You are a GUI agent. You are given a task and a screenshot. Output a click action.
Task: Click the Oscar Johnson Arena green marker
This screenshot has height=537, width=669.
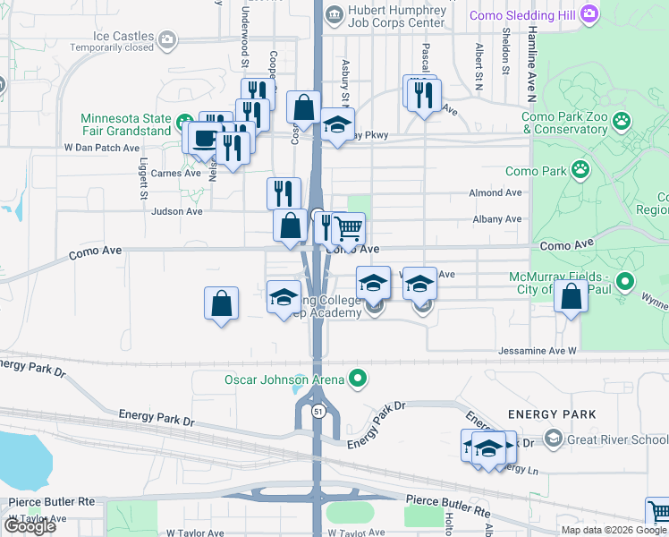point(358,379)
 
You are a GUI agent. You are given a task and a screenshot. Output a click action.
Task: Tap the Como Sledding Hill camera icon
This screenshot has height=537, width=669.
point(589,13)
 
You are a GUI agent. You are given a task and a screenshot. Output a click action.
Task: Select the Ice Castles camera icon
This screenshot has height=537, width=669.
point(167,38)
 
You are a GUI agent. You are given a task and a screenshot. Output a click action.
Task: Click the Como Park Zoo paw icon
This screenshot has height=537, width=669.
point(621,121)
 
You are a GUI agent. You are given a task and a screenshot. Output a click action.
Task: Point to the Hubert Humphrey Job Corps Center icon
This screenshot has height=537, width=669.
point(334,13)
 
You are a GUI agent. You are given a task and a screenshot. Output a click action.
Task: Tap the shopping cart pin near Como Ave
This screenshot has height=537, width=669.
point(349,228)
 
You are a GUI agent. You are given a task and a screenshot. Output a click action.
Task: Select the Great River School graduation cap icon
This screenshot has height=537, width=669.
point(554,439)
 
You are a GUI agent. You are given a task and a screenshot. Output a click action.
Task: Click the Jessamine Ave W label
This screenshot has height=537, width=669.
point(538,351)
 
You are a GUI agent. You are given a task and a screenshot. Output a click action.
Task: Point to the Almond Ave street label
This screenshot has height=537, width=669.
point(495,192)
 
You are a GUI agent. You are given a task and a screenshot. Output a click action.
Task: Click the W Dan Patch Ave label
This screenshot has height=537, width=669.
point(102,148)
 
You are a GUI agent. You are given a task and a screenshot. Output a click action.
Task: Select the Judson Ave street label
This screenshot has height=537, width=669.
point(177,212)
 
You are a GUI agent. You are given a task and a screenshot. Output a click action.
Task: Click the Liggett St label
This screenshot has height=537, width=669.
point(143,180)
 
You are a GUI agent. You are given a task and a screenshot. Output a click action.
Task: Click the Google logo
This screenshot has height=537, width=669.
point(30,526)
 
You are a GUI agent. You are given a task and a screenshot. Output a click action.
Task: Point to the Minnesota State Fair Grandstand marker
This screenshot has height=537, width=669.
point(182,121)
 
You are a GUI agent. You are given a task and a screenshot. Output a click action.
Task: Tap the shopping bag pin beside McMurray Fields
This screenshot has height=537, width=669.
point(571,296)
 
